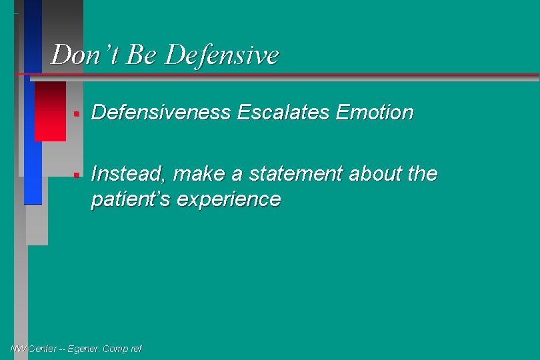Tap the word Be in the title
[141, 55]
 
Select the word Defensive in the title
[221, 55]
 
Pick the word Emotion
[375, 113]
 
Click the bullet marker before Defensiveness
[77, 114]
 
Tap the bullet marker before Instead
[77, 175]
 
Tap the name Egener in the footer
[82, 349]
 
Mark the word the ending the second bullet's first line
[422, 174]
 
